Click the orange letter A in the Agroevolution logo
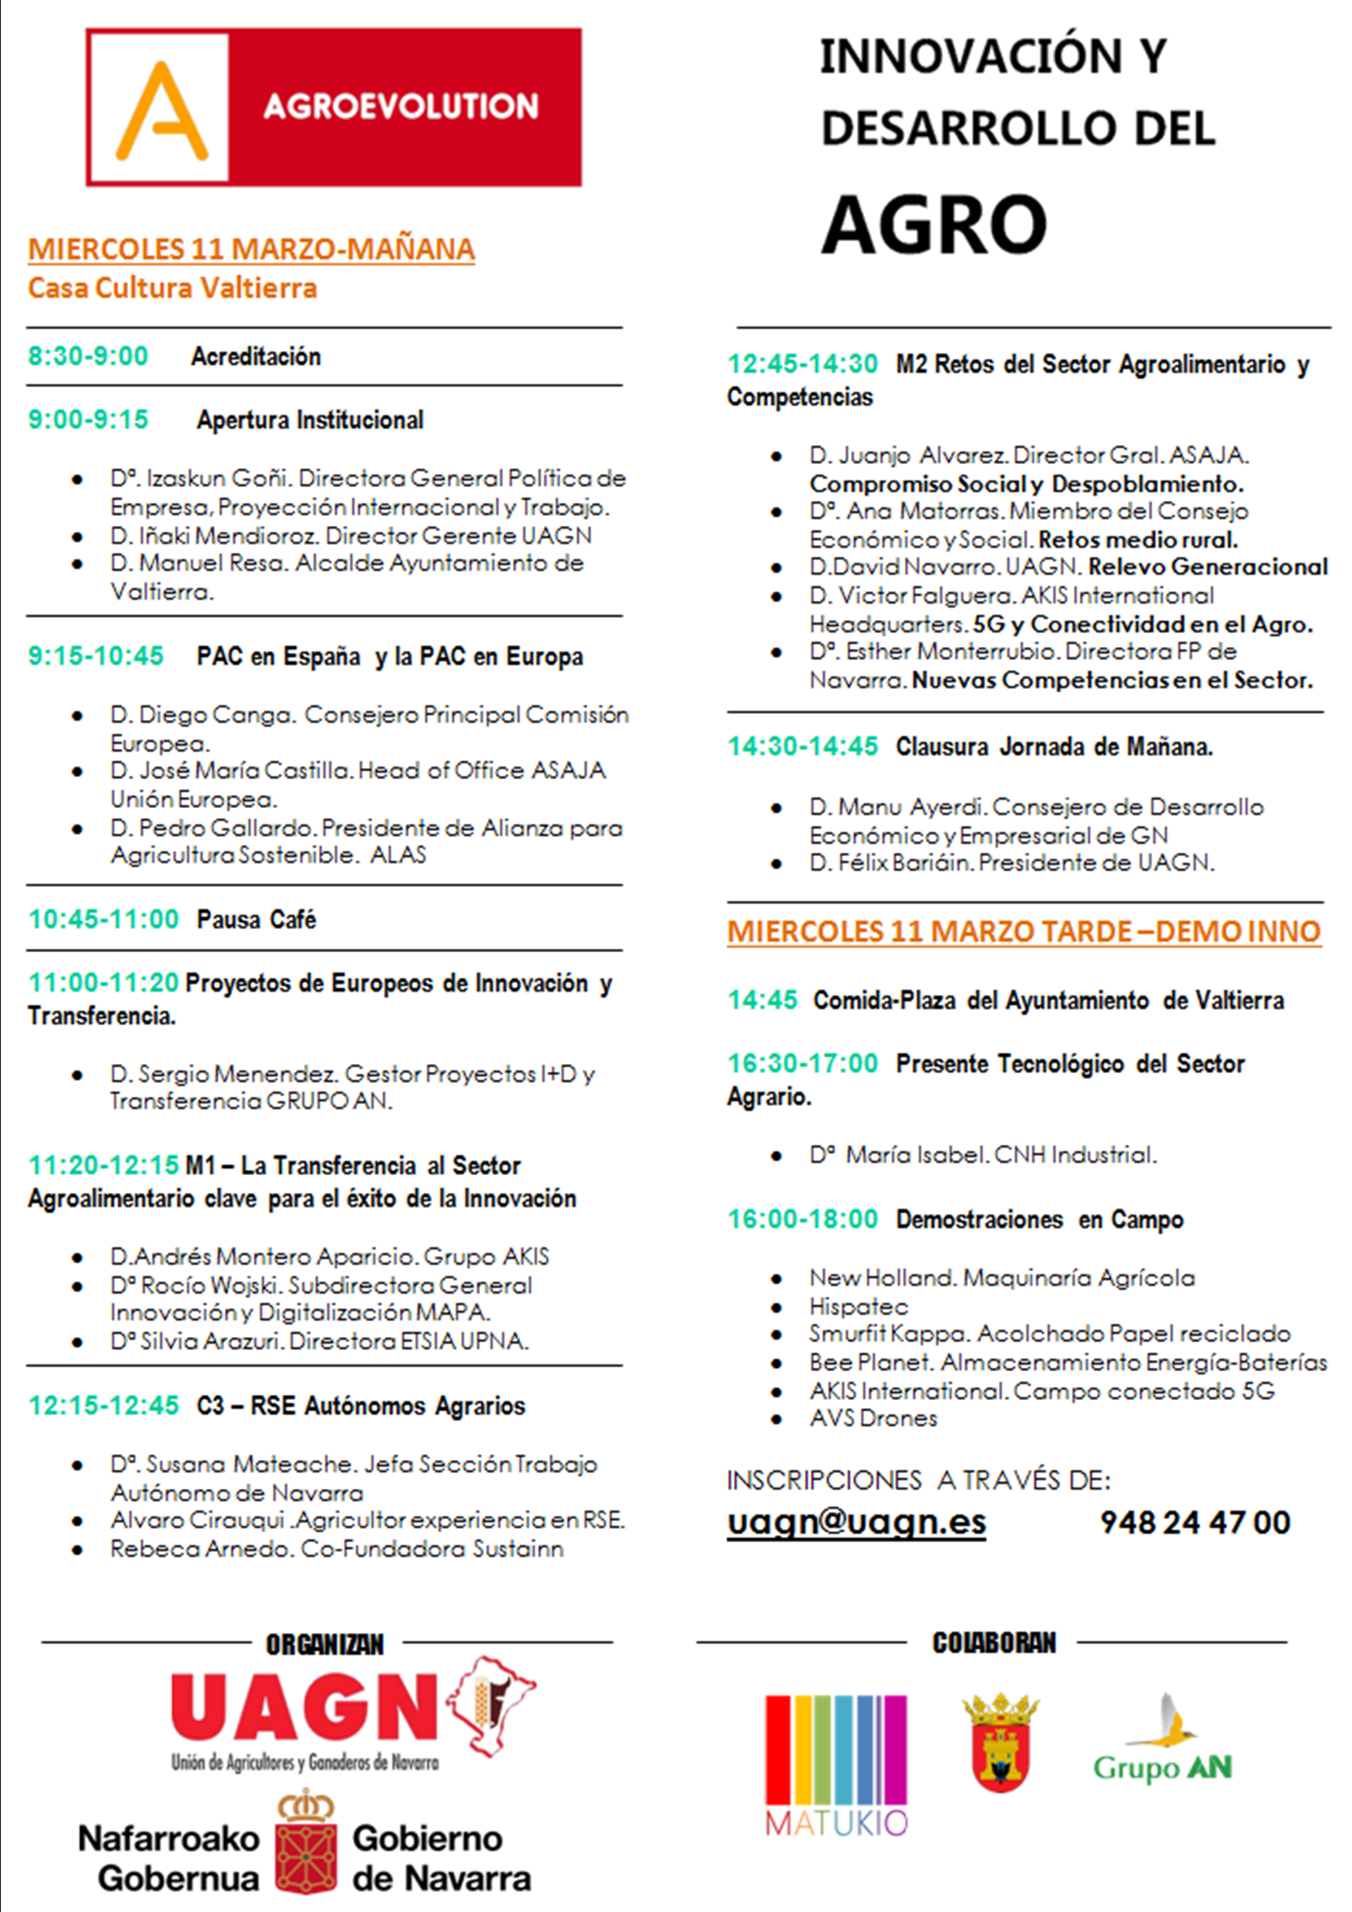160,111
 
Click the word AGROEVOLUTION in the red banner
401,106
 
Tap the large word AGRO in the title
934,225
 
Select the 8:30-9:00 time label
88,356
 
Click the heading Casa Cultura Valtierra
173,288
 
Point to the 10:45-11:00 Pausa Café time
104,919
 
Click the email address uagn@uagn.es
856,1522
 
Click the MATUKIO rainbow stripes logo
836,1765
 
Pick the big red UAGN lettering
304,1707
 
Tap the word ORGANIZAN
325,1644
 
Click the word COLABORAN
994,1642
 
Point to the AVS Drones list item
873,1418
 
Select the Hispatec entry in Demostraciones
859,1307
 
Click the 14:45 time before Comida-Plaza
762,1000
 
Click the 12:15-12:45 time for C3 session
104,1405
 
